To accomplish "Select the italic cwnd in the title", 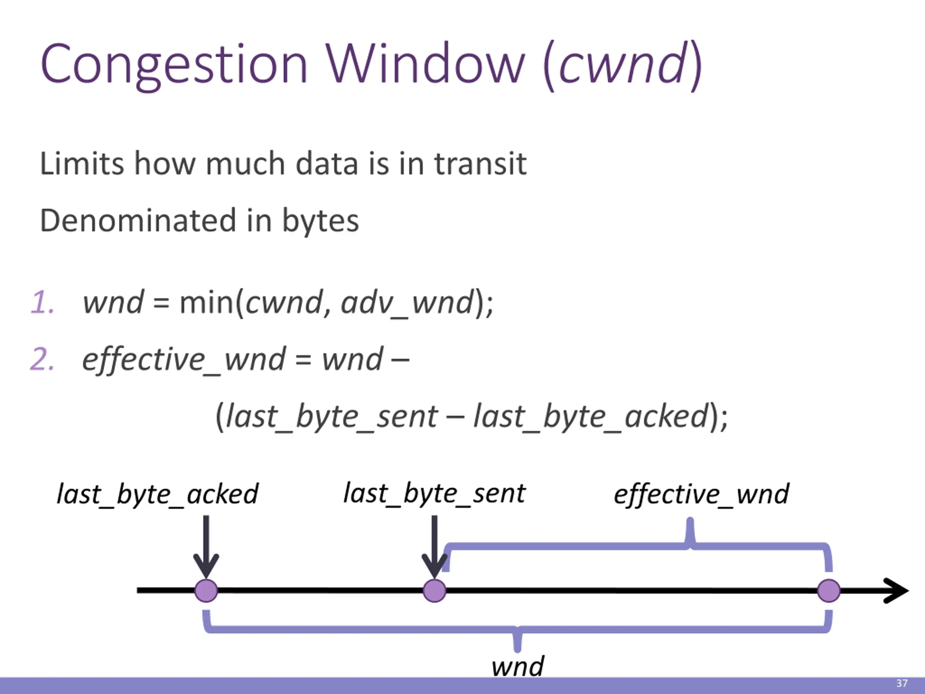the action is (623, 64).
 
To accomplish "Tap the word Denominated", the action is (138, 220).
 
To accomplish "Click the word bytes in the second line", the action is (320, 220).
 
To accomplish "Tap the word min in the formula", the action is (207, 302).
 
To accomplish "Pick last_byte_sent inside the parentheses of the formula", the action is (332, 417).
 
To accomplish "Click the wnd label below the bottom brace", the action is (518, 665).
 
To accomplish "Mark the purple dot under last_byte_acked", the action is (206, 591).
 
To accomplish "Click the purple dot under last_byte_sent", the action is (434, 591).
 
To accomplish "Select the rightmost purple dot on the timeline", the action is (829, 591).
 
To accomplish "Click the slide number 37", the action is (902, 684).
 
